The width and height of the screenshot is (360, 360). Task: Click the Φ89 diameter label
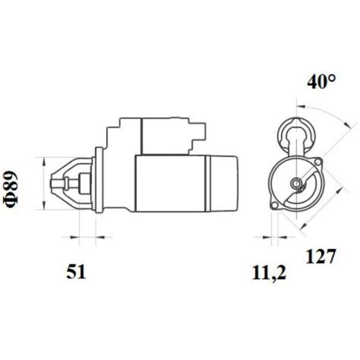coord(12,189)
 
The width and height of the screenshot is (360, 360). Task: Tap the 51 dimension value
coord(76,271)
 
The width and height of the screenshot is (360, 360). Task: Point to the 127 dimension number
coord(321,256)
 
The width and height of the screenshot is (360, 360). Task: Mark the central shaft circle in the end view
coord(296,183)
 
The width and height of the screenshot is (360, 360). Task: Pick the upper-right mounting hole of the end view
coord(318,162)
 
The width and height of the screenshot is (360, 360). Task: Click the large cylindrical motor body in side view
coord(171,183)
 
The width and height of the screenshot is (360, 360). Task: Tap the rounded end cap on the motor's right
coord(223,183)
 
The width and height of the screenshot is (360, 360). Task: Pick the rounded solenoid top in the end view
coord(296,130)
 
